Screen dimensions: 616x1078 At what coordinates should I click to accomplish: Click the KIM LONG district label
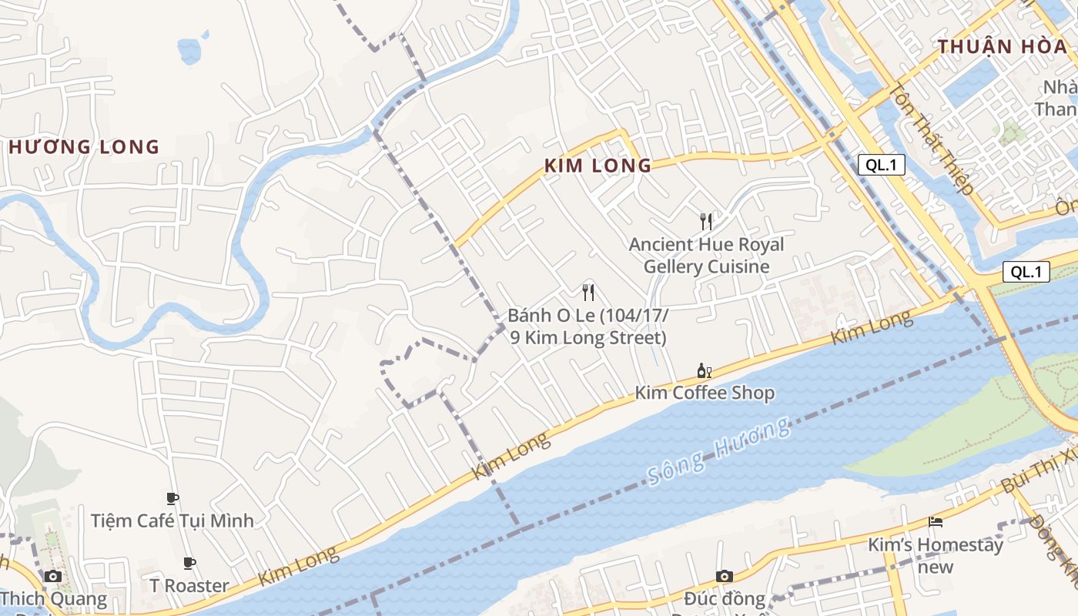pos(598,166)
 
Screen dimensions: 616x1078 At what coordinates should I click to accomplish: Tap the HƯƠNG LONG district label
pos(84,147)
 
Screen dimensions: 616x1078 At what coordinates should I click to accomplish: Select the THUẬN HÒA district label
pos(1003,46)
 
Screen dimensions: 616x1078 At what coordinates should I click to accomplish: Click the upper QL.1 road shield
pos(882,164)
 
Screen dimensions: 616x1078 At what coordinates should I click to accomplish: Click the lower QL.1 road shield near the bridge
pos(1026,272)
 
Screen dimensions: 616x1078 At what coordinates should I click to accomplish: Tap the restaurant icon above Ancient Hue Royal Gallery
pos(706,222)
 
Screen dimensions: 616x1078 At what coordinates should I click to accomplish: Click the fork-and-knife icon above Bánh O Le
pos(588,293)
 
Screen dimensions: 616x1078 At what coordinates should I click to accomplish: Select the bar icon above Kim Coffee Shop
pos(704,371)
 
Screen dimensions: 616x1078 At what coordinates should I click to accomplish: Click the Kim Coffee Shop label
pos(704,393)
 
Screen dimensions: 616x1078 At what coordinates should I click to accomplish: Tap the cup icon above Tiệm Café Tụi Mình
pos(172,499)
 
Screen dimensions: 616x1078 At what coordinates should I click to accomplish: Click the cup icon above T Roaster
pos(189,564)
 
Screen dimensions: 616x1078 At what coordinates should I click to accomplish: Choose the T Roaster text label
pos(189,586)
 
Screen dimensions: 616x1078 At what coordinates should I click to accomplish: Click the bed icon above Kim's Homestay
pos(936,522)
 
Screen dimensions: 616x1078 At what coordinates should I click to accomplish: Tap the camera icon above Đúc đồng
pos(724,576)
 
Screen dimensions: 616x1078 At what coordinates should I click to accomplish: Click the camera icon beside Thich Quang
pos(53,576)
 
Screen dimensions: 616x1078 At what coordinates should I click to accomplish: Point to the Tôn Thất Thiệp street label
pos(931,139)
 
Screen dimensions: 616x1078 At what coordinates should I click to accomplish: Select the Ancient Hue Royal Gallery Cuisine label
pos(706,256)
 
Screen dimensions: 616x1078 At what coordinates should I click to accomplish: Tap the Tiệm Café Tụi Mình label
pos(172,521)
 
